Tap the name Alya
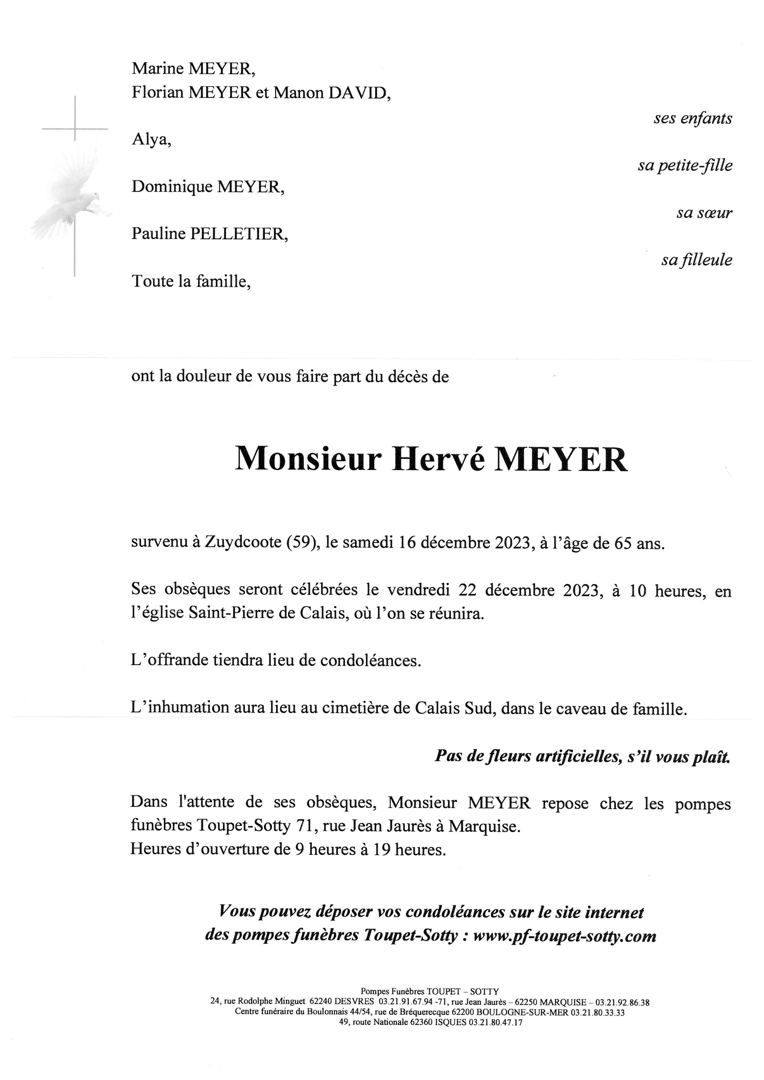(150, 140)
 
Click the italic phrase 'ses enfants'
(692, 118)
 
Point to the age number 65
(624, 543)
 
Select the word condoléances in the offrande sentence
(370, 660)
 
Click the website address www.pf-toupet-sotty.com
(564, 936)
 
